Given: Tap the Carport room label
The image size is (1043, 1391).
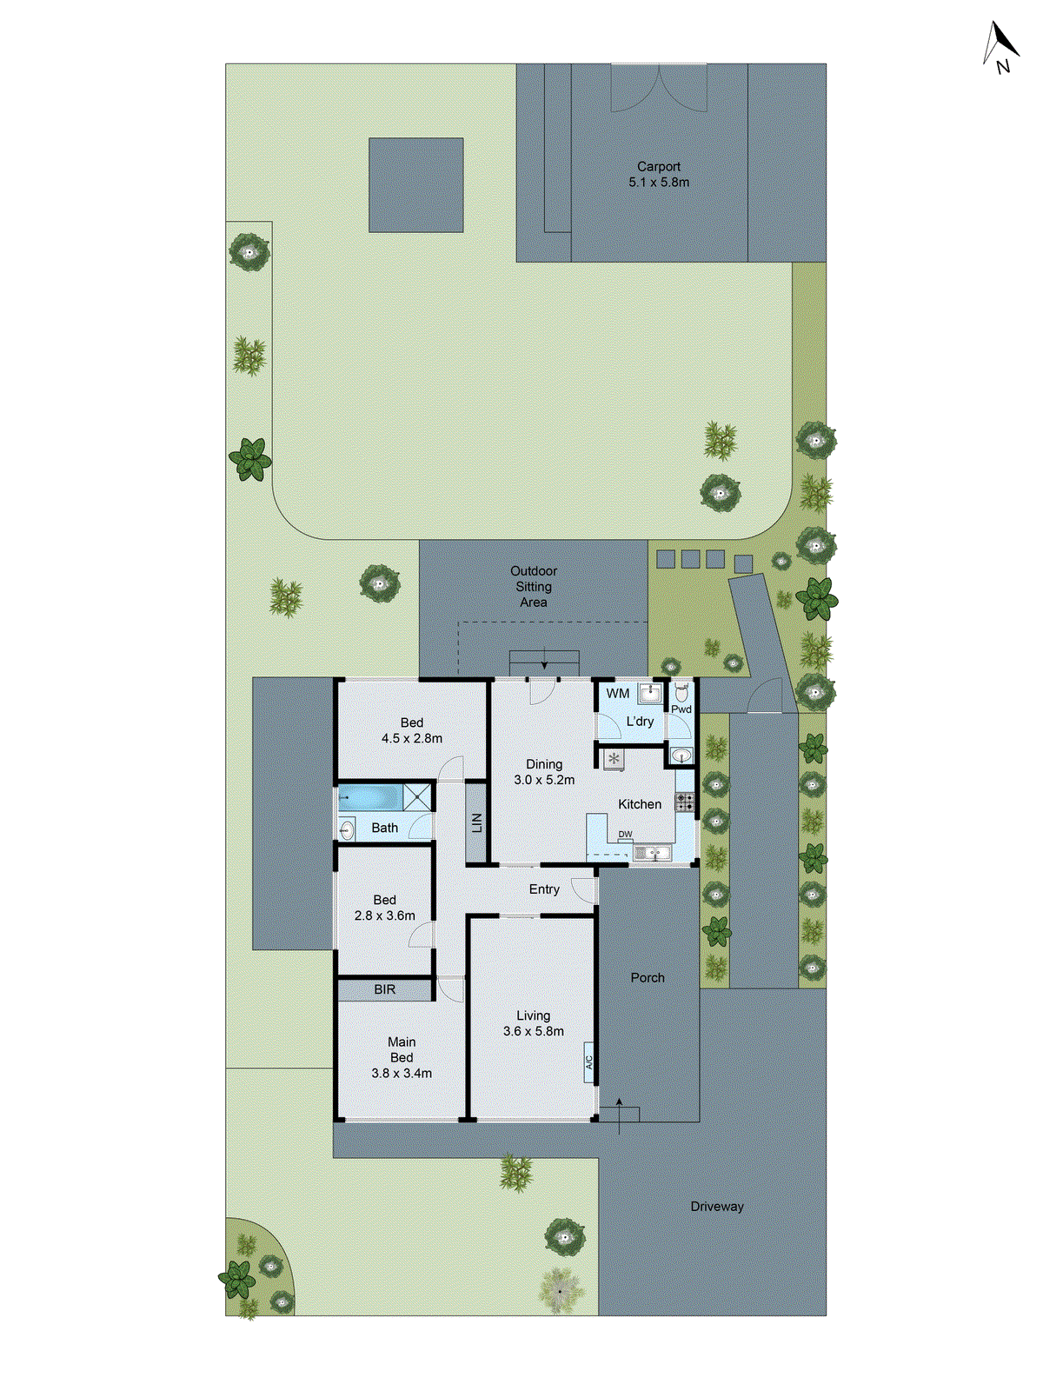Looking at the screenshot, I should [x=659, y=166].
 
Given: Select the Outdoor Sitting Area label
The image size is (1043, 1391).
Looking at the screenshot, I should [x=534, y=586].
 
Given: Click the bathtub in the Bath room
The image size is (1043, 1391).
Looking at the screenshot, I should [x=370, y=796].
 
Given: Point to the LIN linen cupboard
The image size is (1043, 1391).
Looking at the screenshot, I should [x=476, y=822].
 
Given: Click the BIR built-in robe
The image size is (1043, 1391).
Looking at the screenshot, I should [x=385, y=989].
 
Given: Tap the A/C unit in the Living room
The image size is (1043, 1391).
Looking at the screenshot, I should [x=588, y=1062].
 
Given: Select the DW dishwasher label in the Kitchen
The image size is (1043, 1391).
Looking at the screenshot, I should [x=626, y=835].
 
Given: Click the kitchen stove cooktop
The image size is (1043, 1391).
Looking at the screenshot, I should [x=685, y=802].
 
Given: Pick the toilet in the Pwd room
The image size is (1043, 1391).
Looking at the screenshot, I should [x=681, y=694].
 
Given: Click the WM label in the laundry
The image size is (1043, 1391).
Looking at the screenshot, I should [x=618, y=693].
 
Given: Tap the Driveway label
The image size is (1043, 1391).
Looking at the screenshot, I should [x=717, y=1206].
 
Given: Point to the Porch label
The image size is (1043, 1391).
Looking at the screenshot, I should [x=648, y=977].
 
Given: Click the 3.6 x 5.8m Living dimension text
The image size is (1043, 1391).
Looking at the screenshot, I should [x=534, y=1031].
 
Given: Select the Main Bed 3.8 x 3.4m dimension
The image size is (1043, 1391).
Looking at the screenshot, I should [x=402, y=1073].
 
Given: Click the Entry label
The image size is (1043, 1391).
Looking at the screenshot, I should [x=544, y=889].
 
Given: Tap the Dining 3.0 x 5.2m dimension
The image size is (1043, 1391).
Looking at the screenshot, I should [x=544, y=780].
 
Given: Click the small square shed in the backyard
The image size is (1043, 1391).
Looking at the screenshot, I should [x=415, y=185].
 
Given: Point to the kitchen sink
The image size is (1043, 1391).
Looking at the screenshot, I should [x=652, y=854].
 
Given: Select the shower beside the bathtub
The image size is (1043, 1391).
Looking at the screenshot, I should [x=418, y=796].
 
